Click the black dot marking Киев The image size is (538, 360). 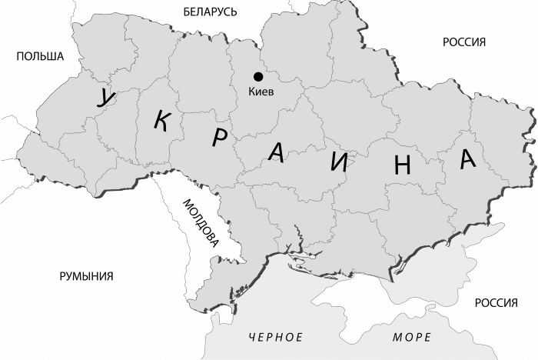point(258,76)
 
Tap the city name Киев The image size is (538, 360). point(262,92)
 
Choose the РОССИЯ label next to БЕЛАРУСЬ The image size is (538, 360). point(464,42)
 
